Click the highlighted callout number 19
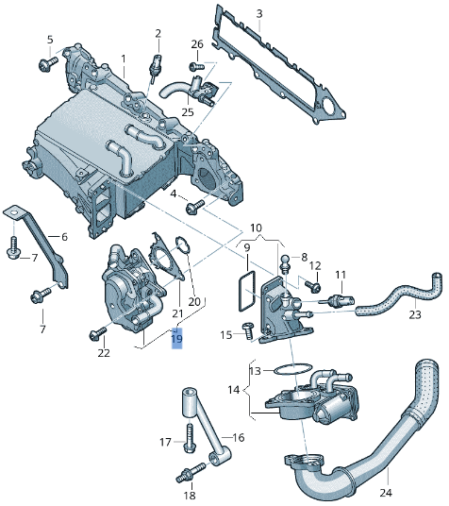(176, 338)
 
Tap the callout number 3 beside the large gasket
(259, 13)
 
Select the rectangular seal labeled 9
(247, 287)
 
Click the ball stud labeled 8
(282, 260)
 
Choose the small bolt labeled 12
(312, 285)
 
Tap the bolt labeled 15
(247, 329)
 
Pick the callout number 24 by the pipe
(384, 493)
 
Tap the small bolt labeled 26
(195, 67)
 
